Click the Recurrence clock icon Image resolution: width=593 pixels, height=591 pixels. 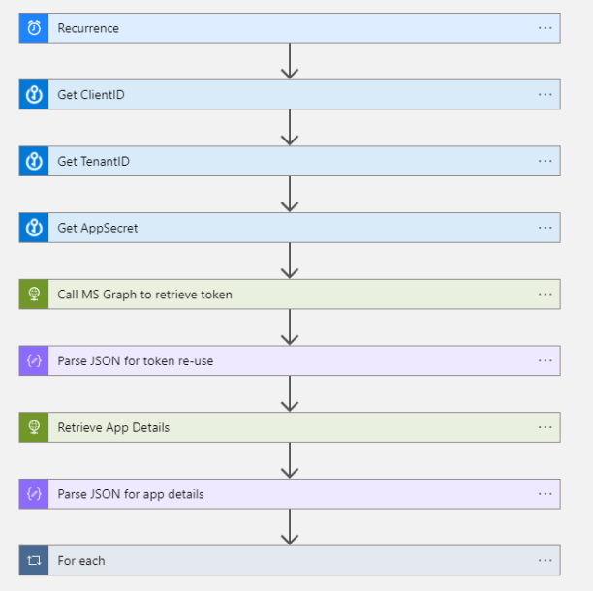coord(34,28)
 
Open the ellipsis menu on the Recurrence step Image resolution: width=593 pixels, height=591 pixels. coord(546,28)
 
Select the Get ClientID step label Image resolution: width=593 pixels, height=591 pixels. coord(91,95)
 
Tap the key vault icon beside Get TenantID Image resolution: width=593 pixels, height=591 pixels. coord(34,161)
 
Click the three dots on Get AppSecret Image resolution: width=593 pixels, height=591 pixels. coord(546,228)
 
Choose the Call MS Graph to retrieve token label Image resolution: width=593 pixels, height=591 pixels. coord(144,295)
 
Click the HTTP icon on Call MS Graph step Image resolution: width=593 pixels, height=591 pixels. coord(34,295)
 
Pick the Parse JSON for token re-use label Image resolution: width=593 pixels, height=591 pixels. coord(136,360)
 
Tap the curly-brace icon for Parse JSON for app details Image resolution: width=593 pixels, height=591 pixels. coord(34,494)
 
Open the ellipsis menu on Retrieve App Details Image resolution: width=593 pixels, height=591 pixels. coord(546,427)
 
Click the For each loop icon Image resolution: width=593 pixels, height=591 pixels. coord(34,560)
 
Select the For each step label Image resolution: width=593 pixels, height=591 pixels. coord(81,560)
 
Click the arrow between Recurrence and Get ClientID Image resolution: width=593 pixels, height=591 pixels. coord(289,61)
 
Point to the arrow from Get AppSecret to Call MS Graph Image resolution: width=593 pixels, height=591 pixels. coord(289,261)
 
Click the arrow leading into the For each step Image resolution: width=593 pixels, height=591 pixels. coord(289,527)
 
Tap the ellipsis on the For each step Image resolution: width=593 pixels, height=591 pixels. coord(546,560)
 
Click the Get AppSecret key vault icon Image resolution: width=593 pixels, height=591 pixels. coord(34,228)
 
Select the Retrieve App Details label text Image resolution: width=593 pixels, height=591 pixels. coord(113,427)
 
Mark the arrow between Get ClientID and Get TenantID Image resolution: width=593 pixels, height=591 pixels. coord(289,128)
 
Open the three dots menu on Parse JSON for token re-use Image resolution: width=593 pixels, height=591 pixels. coord(546,360)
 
